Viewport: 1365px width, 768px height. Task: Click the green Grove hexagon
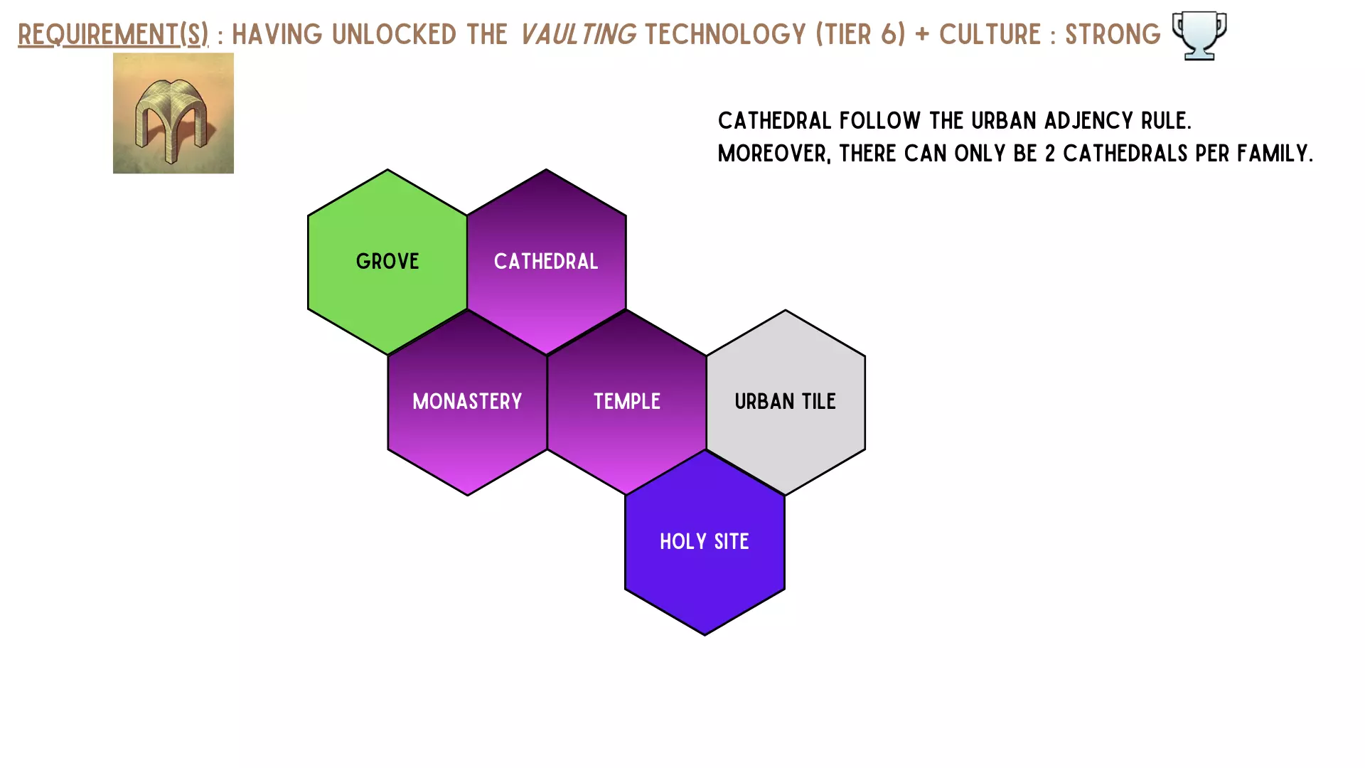(x=387, y=262)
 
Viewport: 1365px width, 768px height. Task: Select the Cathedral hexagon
(x=546, y=262)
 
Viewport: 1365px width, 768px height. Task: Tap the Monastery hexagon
(x=467, y=402)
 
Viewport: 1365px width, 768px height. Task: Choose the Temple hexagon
(x=627, y=402)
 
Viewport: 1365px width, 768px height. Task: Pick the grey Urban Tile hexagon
(x=786, y=402)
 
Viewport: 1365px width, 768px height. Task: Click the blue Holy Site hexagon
(x=705, y=542)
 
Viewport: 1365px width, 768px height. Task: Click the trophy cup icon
(x=1199, y=36)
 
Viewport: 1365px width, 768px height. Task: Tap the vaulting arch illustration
(x=173, y=113)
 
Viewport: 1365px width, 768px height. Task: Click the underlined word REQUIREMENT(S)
(x=113, y=34)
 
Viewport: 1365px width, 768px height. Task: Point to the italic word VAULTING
(x=578, y=34)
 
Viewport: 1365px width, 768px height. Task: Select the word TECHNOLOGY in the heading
(x=725, y=34)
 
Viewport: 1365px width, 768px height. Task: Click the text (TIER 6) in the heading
(x=861, y=34)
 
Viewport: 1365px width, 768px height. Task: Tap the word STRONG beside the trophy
(x=1113, y=34)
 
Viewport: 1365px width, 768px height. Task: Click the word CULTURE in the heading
(x=990, y=34)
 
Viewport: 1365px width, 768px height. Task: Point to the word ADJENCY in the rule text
(x=1089, y=121)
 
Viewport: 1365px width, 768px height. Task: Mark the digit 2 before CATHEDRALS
(x=1050, y=154)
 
